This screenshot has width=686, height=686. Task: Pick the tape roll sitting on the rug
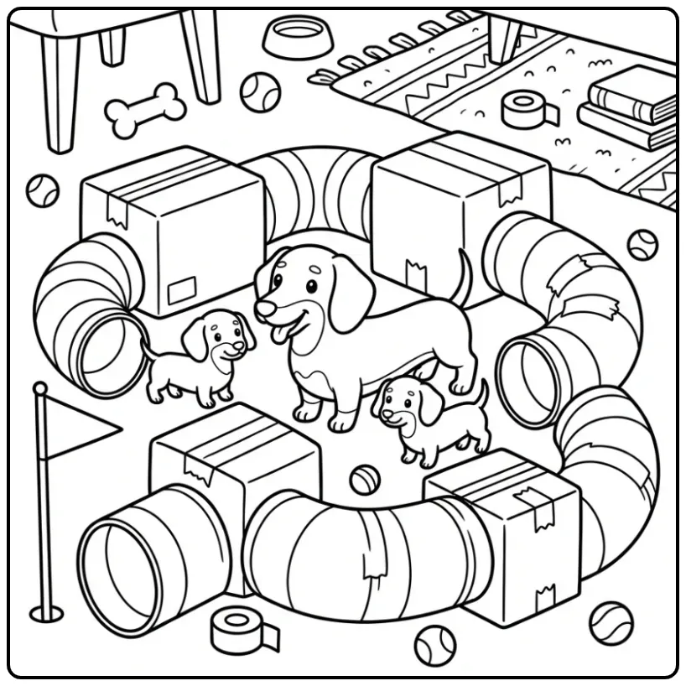(x=527, y=110)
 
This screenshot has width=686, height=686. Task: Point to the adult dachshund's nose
(x=265, y=310)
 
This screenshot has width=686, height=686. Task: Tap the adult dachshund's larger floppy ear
(x=351, y=298)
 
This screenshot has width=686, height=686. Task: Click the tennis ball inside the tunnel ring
(x=365, y=480)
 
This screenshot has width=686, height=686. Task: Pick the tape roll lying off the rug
(x=238, y=628)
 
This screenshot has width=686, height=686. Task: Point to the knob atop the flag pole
(x=39, y=389)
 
